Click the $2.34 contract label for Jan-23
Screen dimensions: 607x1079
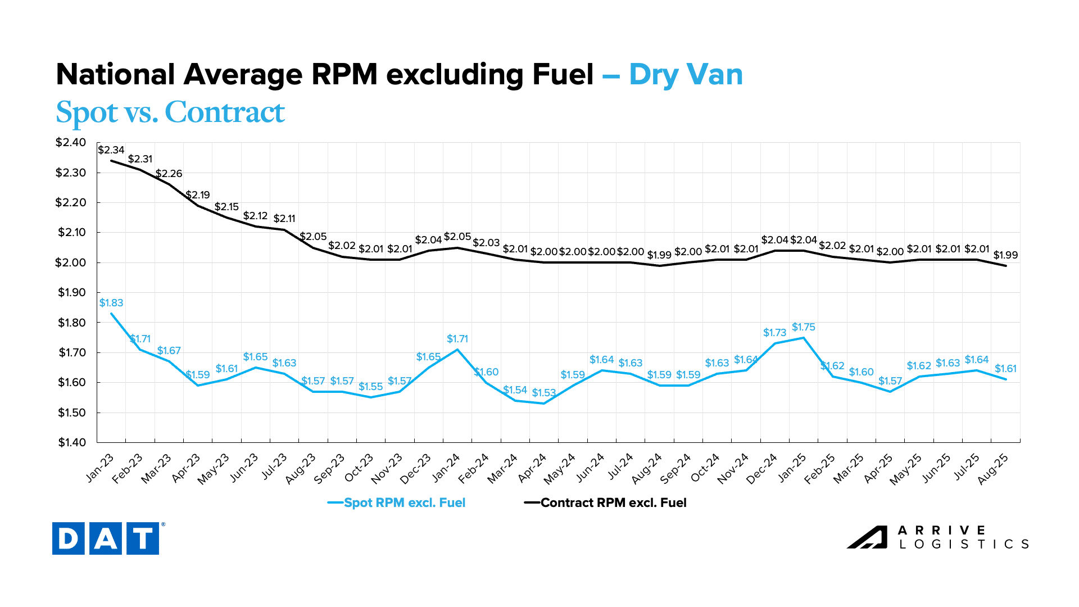[x=111, y=150]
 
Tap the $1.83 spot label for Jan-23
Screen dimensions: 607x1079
[x=111, y=303]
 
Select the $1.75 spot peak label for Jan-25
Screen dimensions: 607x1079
[x=804, y=327]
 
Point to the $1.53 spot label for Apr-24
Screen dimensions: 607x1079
[x=544, y=393]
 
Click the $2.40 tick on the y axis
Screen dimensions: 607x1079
[x=71, y=143]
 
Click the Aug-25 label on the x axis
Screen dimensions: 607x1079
[x=994, y=469]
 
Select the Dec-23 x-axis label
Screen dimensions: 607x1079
[x=416, y=469]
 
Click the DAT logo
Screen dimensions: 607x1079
[x=106, y=538]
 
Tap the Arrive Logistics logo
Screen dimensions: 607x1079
[x=937, y=537]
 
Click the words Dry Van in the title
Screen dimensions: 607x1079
[x=686, y=75]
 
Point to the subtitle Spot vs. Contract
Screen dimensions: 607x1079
[x=170, y=112]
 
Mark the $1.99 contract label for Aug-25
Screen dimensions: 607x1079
[x=1005, y=255]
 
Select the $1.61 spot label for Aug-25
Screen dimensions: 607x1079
[x=1005, y=369]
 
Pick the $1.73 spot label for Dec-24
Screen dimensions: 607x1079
[x=774, y=333]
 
